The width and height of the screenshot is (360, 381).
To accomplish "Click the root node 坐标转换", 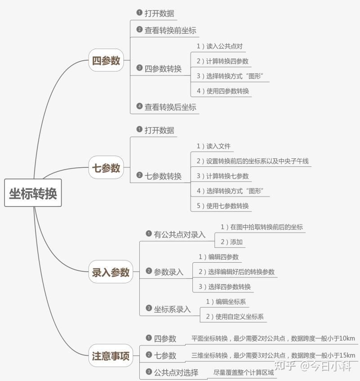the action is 33,193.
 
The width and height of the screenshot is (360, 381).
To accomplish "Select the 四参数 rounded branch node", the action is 106,60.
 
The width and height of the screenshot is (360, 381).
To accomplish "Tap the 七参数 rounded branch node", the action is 106,167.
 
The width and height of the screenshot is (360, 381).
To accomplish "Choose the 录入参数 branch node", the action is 111,272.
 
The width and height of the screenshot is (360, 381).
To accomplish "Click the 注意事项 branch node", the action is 111,355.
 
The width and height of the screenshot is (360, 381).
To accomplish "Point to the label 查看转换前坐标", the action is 170,31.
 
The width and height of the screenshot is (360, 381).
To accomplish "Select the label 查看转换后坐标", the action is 170,107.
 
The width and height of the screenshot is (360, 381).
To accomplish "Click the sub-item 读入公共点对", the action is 224,46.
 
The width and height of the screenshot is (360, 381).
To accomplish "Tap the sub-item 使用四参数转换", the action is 228,91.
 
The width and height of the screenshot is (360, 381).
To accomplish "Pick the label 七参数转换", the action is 163,176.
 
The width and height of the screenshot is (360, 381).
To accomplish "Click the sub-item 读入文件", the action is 218,146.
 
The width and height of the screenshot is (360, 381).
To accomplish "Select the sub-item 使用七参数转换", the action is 227,206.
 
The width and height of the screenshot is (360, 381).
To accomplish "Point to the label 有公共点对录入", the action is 180,234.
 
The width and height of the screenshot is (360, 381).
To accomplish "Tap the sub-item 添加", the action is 236,242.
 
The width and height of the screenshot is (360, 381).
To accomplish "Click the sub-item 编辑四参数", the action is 223,257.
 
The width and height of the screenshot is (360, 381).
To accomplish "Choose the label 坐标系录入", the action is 172,309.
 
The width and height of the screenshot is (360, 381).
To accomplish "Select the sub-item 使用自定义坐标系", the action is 240,316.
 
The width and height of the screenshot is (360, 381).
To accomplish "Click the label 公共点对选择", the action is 176,372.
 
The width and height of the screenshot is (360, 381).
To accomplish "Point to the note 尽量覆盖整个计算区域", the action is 244,372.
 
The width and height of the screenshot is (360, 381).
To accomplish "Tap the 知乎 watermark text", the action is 285,365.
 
